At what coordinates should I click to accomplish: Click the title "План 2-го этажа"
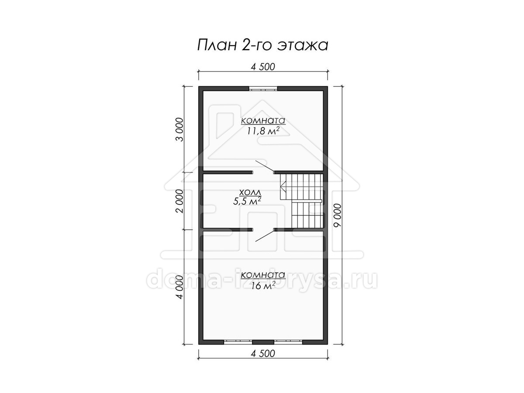262,45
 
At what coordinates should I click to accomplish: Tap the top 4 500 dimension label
263,67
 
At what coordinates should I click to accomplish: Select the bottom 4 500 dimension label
263,353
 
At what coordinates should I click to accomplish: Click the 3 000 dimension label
180,130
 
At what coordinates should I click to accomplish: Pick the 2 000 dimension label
180,201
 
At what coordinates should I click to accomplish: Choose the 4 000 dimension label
180,287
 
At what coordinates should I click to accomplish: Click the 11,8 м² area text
263,131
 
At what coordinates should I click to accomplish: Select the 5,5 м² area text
247,201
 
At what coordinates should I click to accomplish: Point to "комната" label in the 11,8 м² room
263,121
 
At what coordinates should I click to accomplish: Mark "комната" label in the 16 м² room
263,275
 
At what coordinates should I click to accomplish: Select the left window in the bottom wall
238,342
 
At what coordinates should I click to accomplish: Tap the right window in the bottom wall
288,342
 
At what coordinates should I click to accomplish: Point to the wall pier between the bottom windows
263,342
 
